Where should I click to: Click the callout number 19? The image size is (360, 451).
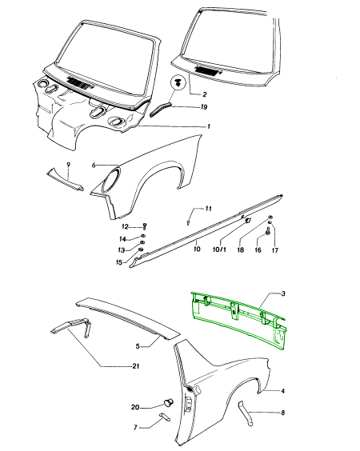204,107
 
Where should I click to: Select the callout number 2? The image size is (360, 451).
204,94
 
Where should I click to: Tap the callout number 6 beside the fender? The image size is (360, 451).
94,165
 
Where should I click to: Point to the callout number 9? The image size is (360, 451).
69,165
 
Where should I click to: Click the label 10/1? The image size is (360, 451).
219,249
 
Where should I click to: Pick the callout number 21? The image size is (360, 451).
135,366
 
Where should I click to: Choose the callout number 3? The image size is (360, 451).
283,293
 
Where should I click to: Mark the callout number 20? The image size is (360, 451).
135,407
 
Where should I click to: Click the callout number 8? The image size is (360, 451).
282,413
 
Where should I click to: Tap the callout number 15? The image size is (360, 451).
119,262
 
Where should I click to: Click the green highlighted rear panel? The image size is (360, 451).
239,321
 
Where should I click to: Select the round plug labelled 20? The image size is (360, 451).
169,401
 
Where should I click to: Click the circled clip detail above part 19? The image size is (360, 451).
178,82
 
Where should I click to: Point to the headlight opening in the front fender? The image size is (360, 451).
110,181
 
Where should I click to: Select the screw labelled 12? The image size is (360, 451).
145,226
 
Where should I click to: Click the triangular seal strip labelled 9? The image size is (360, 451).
66,180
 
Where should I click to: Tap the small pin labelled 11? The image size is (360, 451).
188,222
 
